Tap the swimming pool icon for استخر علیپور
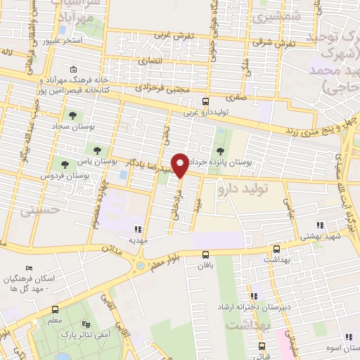(63, 31)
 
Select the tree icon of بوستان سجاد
(72, 115)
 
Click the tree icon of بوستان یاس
(96, 150)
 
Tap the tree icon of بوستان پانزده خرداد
(221, 151)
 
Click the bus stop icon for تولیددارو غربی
(205, 101)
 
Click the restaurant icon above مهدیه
(139, 229)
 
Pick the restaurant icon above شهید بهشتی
(321, 226)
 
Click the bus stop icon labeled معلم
(55, 309)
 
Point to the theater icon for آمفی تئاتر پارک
(86, 324)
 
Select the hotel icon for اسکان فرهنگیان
(29, 269)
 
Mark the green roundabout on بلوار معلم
(140, 266)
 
